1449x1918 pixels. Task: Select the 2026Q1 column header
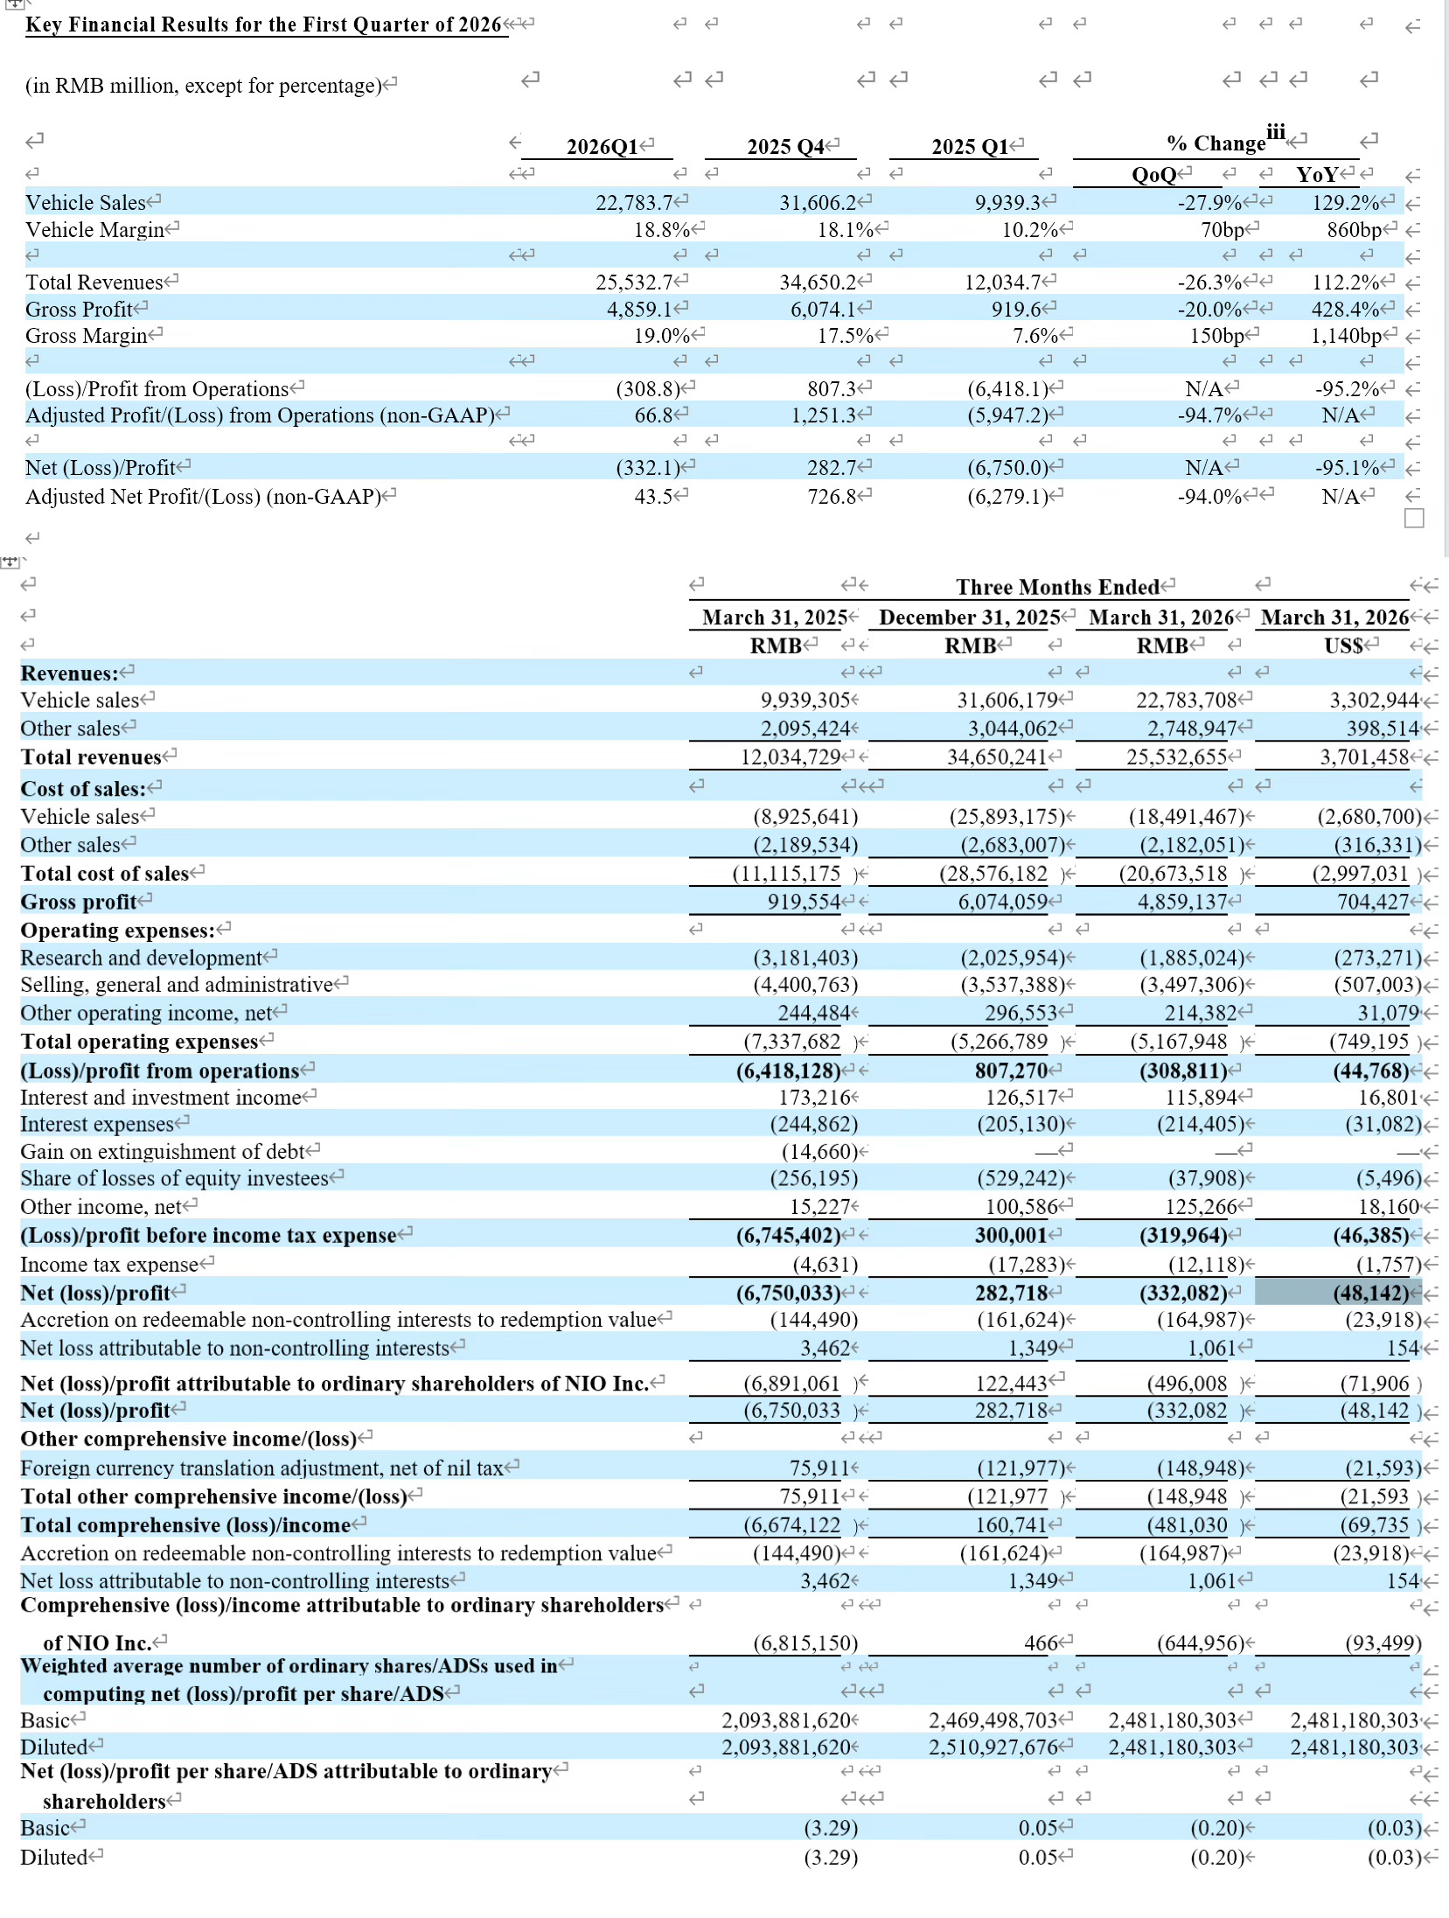(603, 146)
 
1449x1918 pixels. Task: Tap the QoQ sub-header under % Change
(1154, 175)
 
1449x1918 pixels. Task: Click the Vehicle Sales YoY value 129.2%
(1347, 203)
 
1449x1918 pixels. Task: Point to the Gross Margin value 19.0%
(662, 336)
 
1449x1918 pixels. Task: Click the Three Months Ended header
(1057, 587)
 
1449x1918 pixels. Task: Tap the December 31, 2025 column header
(969, 617)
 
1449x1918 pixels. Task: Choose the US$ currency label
(1344, 646)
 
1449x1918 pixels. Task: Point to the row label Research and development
(141, 958)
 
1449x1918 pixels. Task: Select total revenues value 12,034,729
(791, 757)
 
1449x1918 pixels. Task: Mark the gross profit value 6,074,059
(1003, 902)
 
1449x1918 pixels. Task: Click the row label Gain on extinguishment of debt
(163, 1152)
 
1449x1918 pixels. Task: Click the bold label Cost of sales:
(83, 789)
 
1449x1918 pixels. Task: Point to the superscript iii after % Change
(1276, 132)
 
